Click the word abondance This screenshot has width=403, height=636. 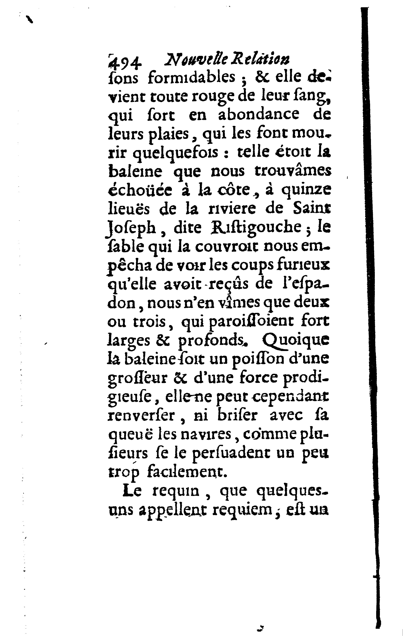click(x=259, y=114)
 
